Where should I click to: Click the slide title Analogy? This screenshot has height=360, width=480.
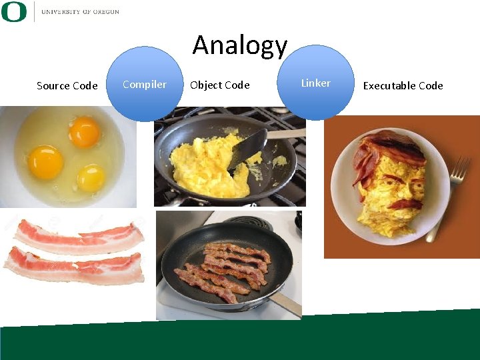[x=240, y=45]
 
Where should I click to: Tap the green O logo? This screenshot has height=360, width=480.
[x=14, y=11]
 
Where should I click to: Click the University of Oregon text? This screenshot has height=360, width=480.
[x=80, y=12]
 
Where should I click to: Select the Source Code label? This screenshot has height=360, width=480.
[x=67, y=85]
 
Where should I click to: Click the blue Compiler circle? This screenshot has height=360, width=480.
[x=145, y=84]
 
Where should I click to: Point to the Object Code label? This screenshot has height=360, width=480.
[x=219, y=85]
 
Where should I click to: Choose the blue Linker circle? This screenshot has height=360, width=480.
[x=315, y=83]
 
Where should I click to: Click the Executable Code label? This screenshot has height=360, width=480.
[x=403, y=85]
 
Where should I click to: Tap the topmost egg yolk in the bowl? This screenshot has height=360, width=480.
[x=84, y=131]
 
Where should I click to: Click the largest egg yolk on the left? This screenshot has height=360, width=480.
[x=45, y=162]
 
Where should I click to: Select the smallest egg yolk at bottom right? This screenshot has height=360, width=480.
[x=91, y=177]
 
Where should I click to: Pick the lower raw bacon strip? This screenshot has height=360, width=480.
[x=73, y=266]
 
